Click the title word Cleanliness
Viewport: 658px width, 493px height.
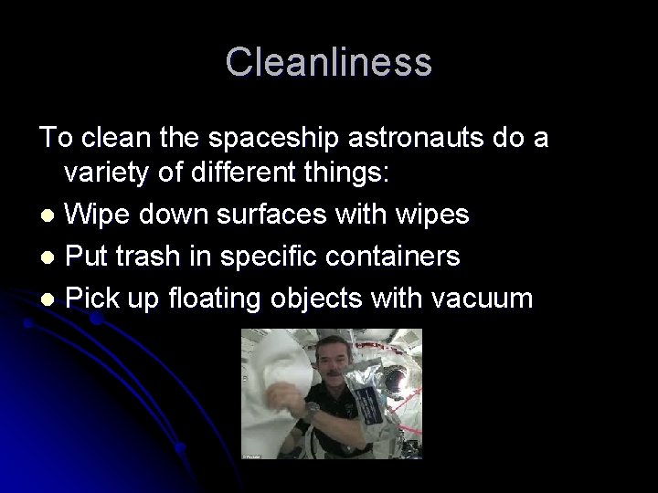click(328, 62)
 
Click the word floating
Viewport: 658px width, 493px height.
click(233, 299)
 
